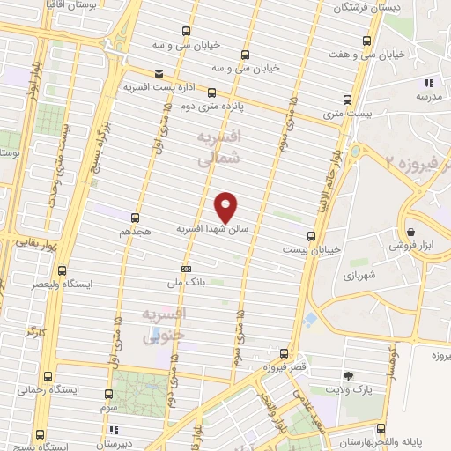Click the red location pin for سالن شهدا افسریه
click(226, 207)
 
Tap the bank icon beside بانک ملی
click(186, 268)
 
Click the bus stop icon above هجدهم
click(135, 217)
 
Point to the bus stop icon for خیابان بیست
click(311, 235)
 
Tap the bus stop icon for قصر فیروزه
click(283, 351)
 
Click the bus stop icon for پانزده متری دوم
click(211, 92)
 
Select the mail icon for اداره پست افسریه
click(158, 74)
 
